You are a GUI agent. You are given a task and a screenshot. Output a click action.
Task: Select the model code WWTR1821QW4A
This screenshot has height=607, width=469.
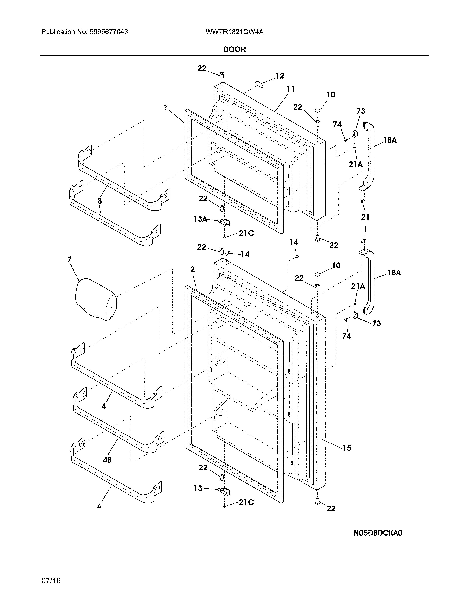[234, 32]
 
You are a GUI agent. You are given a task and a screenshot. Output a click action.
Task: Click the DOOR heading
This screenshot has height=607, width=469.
[234, 49]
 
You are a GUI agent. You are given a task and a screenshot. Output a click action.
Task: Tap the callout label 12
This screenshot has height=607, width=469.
[280, 76]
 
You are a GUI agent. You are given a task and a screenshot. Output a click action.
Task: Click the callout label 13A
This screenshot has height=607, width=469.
[200, 219]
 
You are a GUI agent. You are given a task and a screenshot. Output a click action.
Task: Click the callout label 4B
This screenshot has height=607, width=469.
[107, 460]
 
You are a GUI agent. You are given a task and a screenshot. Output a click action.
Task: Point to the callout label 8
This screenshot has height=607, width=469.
[100, 201]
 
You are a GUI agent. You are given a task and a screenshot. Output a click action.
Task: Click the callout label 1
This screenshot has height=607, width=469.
[166, 108]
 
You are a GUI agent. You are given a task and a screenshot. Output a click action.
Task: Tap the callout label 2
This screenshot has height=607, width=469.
[193, 269]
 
